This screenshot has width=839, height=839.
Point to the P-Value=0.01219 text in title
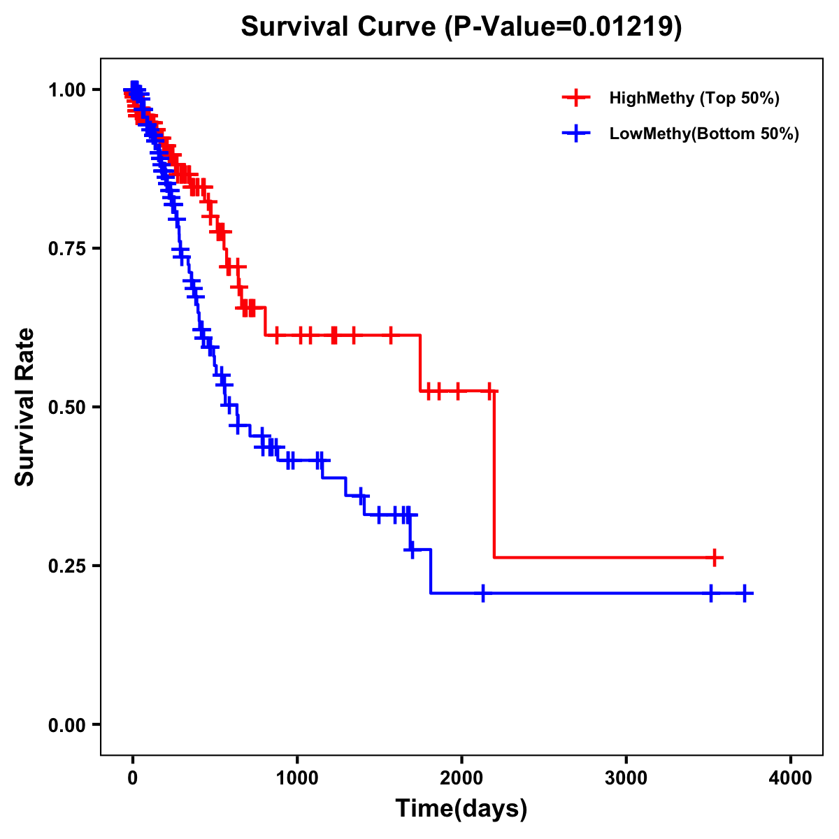(563, 27)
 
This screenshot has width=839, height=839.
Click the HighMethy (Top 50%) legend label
(694, 98)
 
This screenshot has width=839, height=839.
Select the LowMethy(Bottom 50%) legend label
(703, 134)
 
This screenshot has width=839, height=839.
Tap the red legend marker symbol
(575, 98)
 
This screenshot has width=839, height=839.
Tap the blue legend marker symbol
(575, 134)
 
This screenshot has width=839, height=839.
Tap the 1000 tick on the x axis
(297, 777)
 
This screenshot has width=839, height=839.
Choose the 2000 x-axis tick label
(461, 777)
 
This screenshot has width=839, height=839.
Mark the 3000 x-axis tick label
(626, 777)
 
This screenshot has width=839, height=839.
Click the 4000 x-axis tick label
(791, 777)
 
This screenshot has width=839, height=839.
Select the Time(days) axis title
(461, 809)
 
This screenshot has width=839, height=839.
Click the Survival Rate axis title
(25, 407)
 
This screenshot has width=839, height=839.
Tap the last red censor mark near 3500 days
(715, 557)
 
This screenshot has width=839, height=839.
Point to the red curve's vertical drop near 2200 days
(494, 475)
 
